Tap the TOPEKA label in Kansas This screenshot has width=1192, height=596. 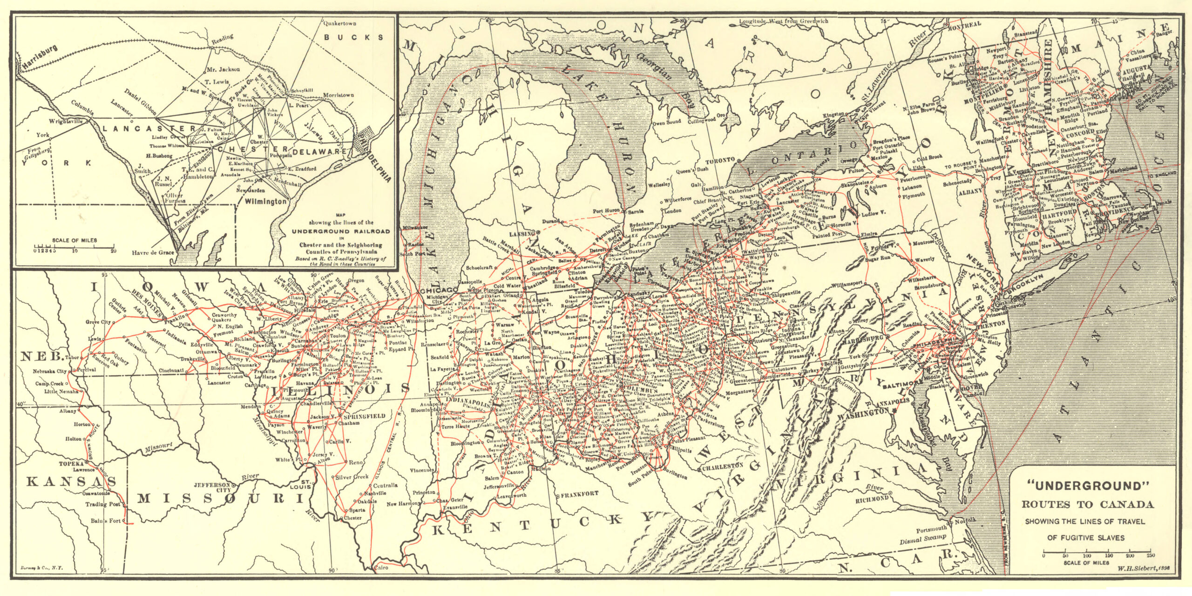pyautogui.click(x=71, y=464)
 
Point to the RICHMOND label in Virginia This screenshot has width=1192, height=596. pyautogui.click(x=872, y=499)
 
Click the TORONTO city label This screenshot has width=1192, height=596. pyautogui.click(x=720, y=160)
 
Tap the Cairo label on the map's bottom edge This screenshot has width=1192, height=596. pyautogui.click(x=381, y=568)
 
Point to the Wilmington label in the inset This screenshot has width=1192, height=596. pyautogui.click(x=265, y=202)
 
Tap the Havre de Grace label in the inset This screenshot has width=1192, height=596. pyautogui.click(x=153, y=253)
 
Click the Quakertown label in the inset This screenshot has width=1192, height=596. pyautogui.click(x=340, y=23)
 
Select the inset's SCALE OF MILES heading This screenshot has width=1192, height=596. pyautogui.click(x=74, y=240)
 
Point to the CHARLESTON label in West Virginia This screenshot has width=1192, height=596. pyautogui.click(x=722, y=467)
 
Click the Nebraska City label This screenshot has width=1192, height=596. pyautogui.click(x=50, y=372)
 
